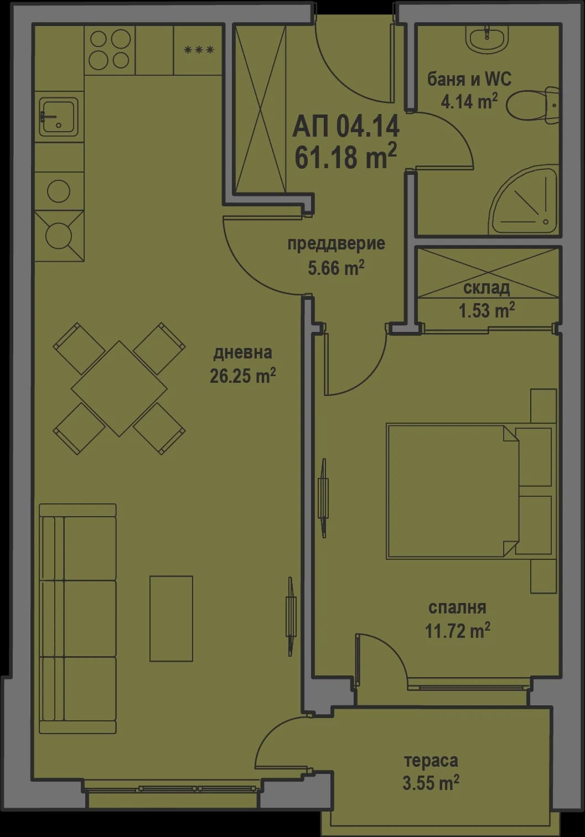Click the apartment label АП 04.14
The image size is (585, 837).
pyautogui.click(x=345, y=127)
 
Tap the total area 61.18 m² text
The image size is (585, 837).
pyautogui.click(x=345, y=156)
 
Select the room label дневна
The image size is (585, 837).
pyautogui.click(x=242, y=352)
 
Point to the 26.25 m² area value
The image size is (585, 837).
pyautogui.click(x=242, y=376)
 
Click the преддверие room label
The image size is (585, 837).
pyautogui.click(x=336, y=243)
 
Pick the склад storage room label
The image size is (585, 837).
pyautogui.click(x=486, y=288)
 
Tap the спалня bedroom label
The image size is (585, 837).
pyautogui.click(x=457, y=607)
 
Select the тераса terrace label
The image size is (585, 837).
pyautogui.click(x=431, y=761)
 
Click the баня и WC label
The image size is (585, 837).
pyautogui.click(x=469, y=79)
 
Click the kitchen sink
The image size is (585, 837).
pyautogui.click(x=58, y=116)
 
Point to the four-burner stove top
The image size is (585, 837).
pyautogui.click(x=109, y=49)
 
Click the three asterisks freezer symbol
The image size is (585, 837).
pyautogui.click(x=199, y=50)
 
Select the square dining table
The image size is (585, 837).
pyautogui.click(x=119, y=388)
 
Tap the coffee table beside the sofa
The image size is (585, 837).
pyautogui.click(x=171, y=618)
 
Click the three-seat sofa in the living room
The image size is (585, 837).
pyautogui.click(x=77, y=618)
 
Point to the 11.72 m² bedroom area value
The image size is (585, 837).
pyautogui.click(x=457, y=631)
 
